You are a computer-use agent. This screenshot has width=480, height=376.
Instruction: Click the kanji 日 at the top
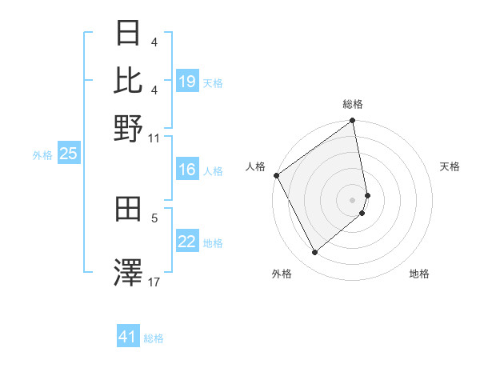tap(129, 34)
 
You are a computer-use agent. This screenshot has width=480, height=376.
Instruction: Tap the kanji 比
tap(129, 80)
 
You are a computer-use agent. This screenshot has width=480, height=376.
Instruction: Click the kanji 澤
tap(129, 272)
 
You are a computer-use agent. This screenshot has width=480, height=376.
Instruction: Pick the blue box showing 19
tap(187, 82)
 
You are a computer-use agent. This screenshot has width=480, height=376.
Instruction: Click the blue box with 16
tap(187, 170)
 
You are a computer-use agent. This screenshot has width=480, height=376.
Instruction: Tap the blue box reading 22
tap(187, 242)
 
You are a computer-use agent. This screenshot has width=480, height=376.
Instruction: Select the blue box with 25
tap(68, 154)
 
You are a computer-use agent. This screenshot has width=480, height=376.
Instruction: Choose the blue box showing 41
tap(128, 337)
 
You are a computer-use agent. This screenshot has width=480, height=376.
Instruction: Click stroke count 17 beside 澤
tap(154, 282)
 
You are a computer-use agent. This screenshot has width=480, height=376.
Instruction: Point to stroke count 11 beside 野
tap(154, 138)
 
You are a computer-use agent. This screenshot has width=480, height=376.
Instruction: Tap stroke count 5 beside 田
tap(154, 217)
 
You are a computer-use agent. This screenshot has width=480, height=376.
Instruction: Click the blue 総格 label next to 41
tap(154, 338)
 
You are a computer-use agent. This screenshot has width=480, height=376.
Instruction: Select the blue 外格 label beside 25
tap(42, 156)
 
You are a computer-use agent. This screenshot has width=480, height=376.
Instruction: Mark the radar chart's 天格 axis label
tap(450, 166)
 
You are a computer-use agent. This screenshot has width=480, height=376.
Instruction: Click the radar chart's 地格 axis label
tap(419, 274)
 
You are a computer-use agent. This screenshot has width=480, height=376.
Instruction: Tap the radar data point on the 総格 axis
tap(353, 122)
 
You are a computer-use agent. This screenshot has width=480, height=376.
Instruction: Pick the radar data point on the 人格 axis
tap(276, 175)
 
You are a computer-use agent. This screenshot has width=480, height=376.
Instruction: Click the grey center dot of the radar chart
tap(353, 199)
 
